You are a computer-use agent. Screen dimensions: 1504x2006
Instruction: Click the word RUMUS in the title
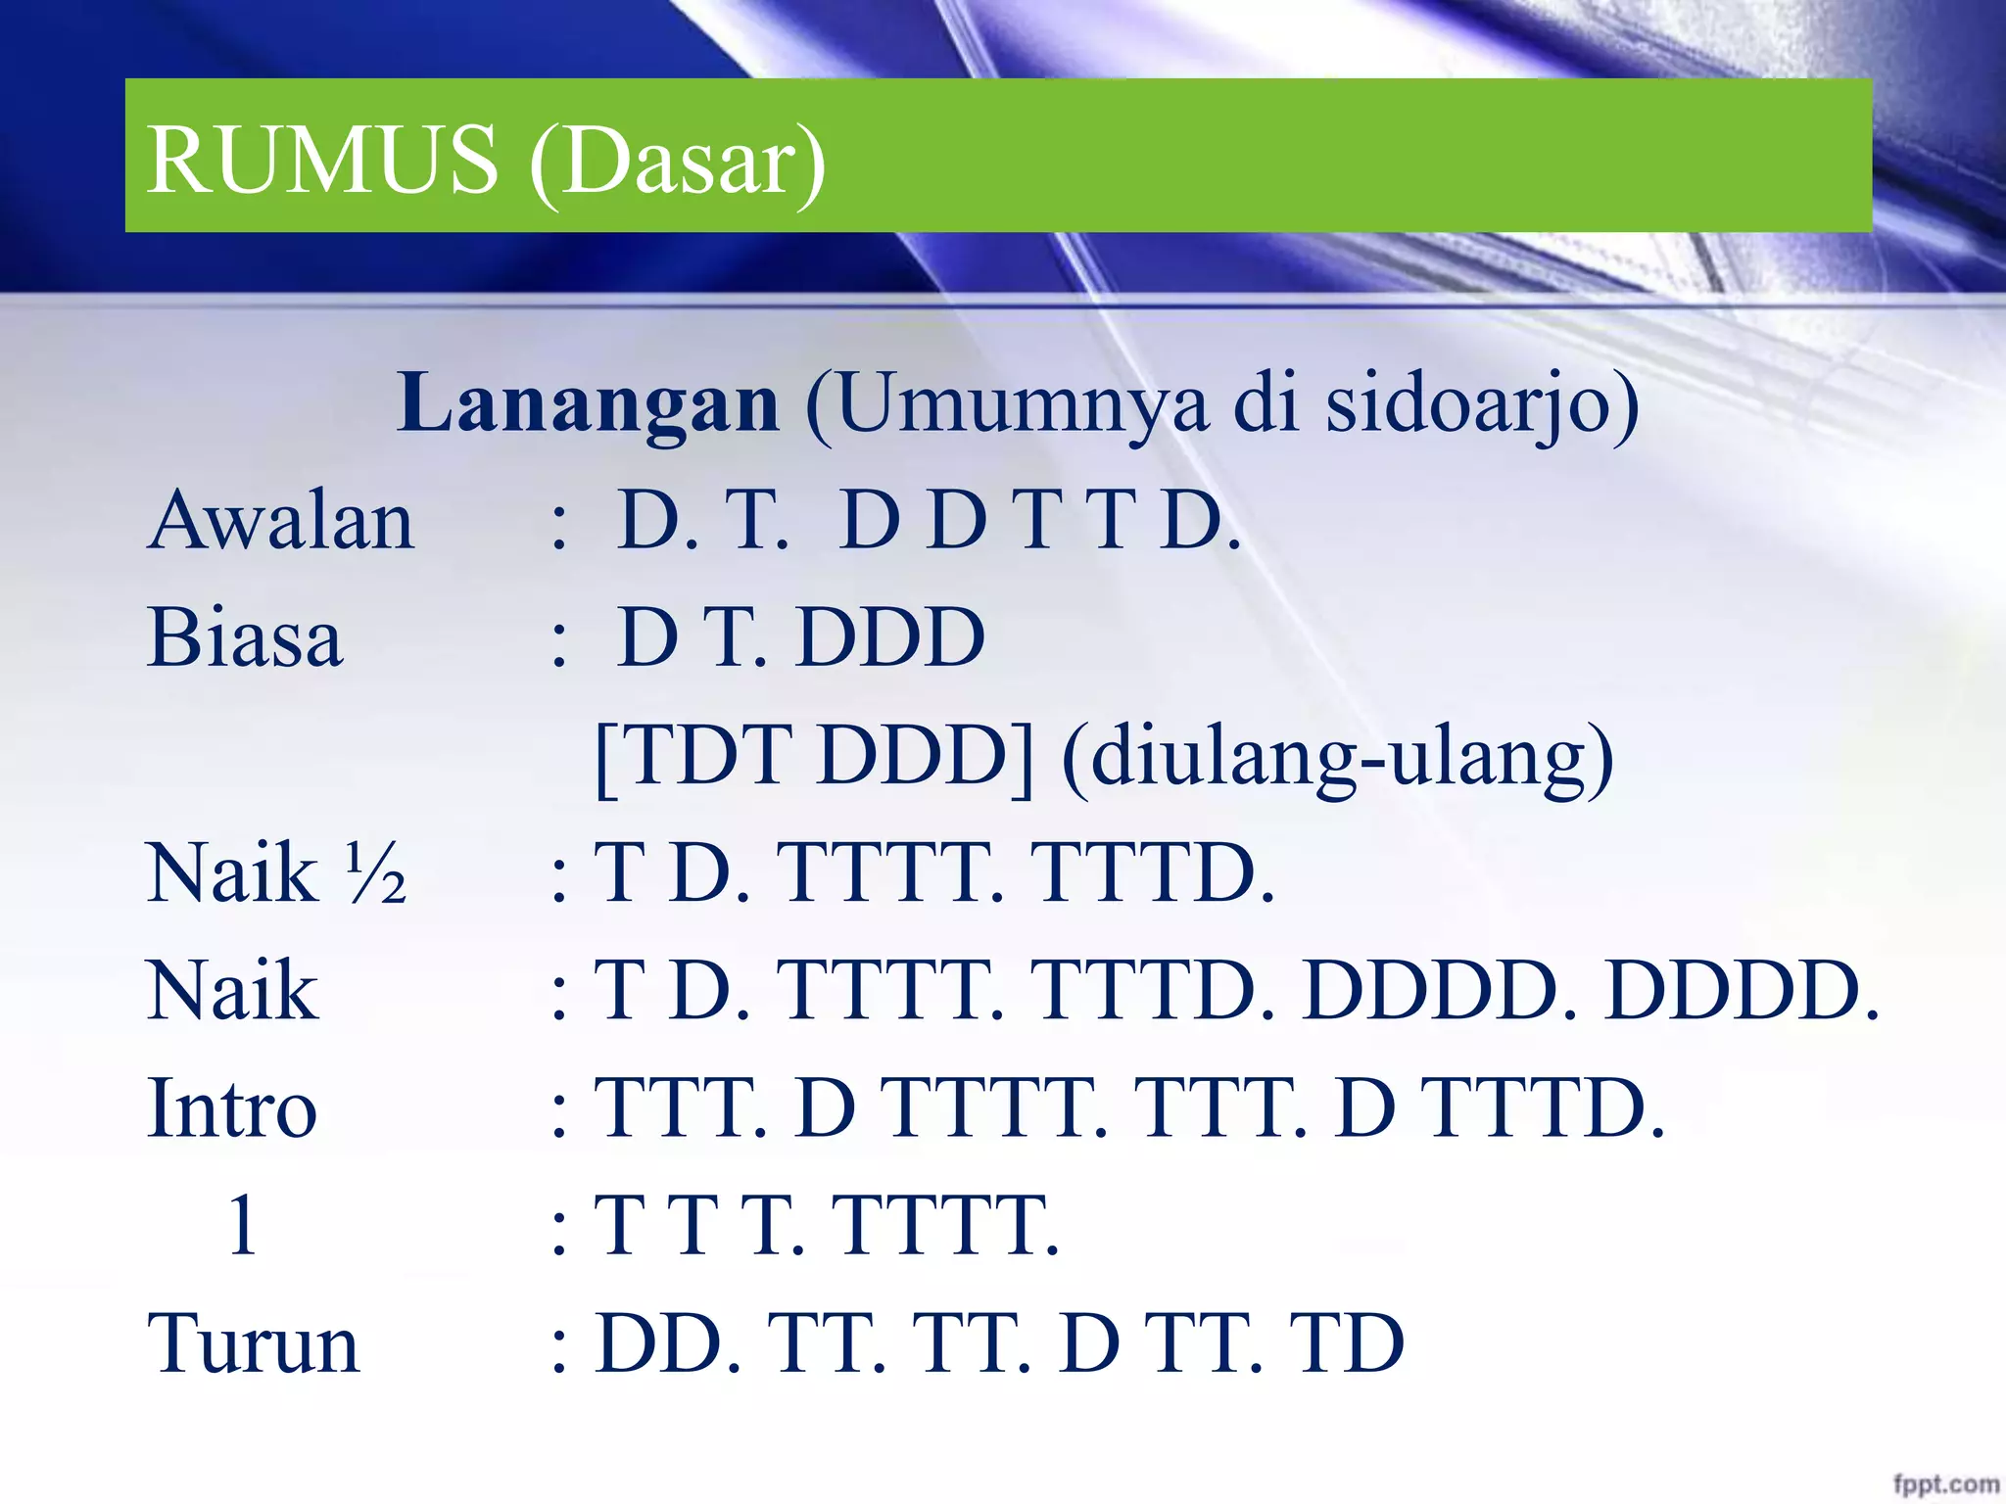point(323,160)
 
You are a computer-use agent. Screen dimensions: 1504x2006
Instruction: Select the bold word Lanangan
point(589,403)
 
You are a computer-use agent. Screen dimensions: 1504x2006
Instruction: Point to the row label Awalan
point(281,521)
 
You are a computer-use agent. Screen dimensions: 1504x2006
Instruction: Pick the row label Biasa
point(245,638)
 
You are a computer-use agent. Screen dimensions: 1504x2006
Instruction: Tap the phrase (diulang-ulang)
point(1337,758)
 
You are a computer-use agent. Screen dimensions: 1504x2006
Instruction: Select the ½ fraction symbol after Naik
point(376,873)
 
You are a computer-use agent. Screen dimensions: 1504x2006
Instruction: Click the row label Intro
point(232,1108)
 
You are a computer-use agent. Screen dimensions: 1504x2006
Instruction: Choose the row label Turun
point(254,1344)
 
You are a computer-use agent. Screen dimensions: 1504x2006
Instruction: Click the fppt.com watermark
point(1945,1483)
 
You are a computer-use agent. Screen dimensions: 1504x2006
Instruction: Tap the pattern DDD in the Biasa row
point(890,638)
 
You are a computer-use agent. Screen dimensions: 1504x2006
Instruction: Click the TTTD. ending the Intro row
point(1543,1108)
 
